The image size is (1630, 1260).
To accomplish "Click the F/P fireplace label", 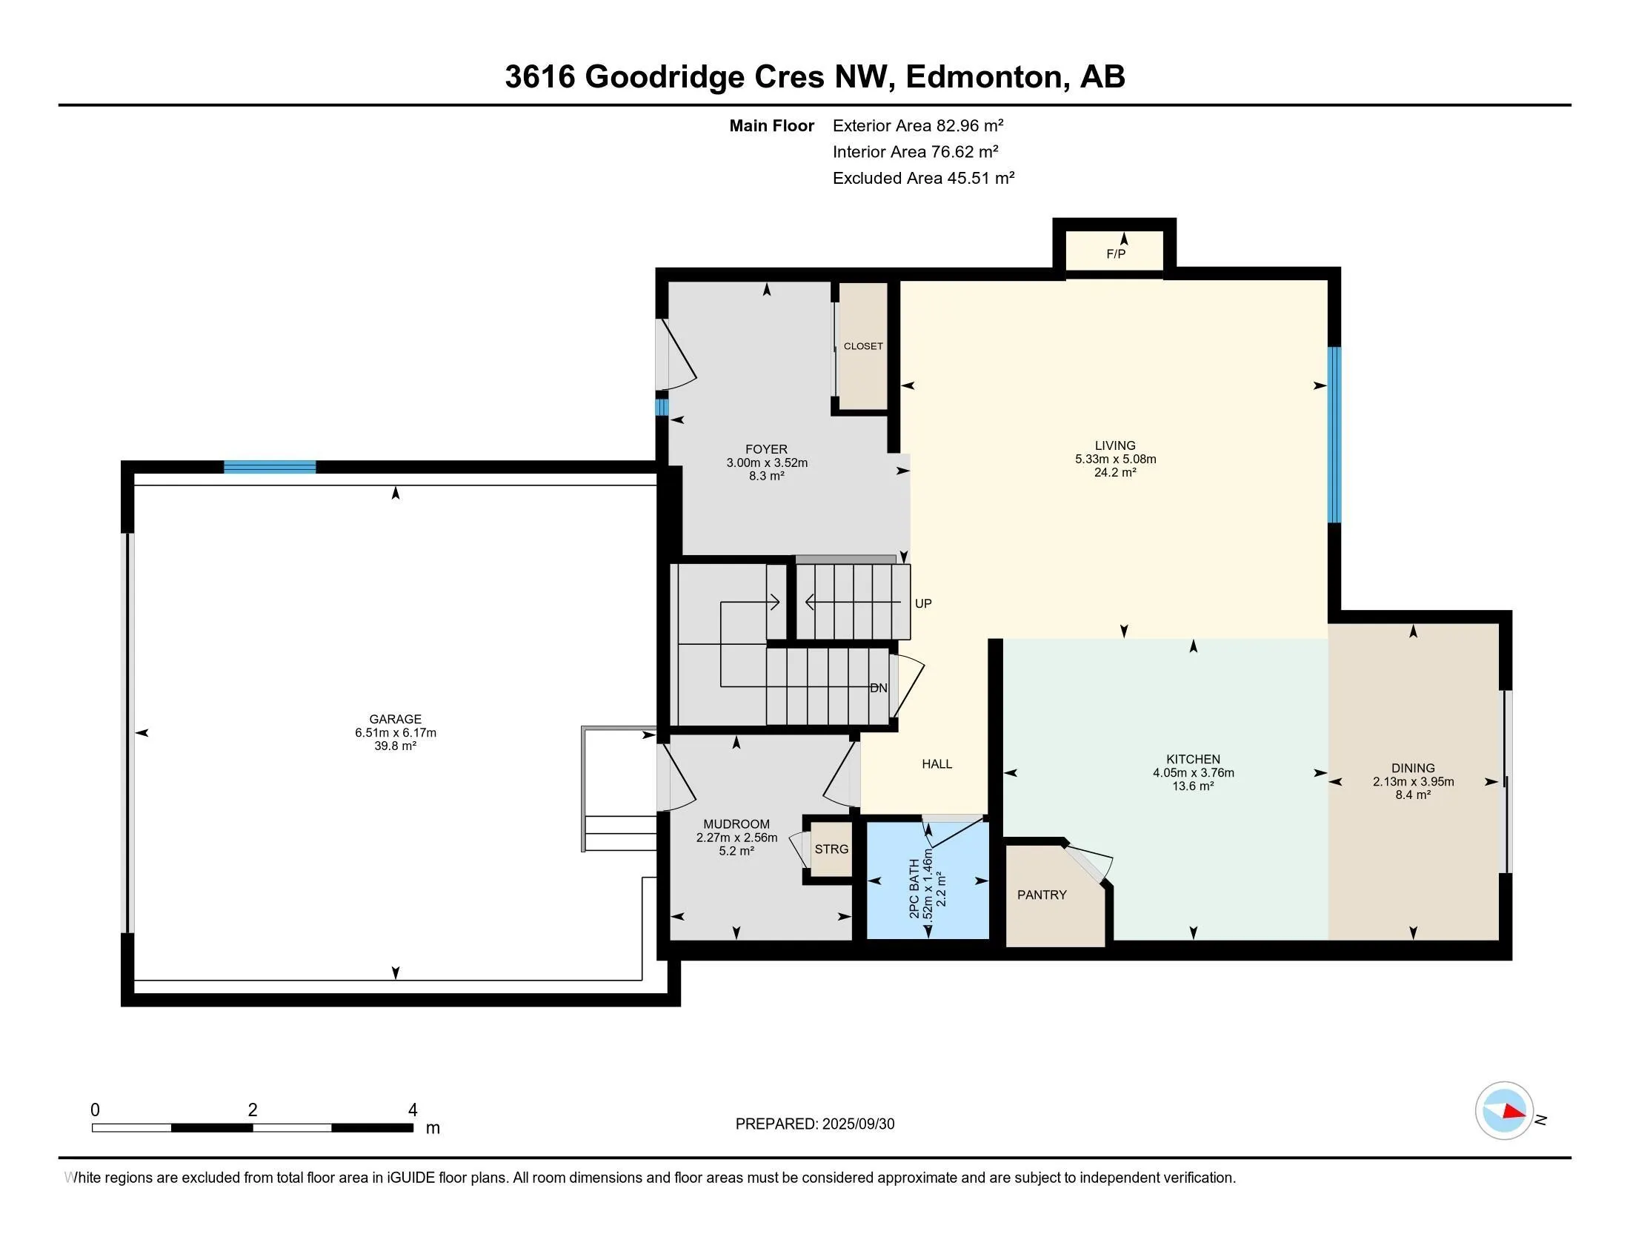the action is [x=1115, y=253].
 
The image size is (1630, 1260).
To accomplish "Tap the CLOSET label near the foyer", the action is [x=862, y=346].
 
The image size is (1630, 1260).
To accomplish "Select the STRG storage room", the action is [x=831, y=849].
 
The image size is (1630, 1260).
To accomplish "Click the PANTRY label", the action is [x=1042, y=895].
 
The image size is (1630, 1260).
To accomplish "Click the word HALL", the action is [x=937, y=763].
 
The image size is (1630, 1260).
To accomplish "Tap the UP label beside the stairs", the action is [x=923, y=603].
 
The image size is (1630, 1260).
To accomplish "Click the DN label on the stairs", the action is [x=879, y=688].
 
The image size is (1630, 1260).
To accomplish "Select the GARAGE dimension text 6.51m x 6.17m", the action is [x=396, y=733].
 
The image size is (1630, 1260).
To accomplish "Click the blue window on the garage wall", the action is [x=270, y=467].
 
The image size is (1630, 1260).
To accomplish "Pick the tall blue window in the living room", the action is [x=1334, y=435].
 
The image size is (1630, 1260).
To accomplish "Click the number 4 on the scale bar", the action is [x=413, y=1110].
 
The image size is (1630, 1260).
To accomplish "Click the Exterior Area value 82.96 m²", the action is [x=971, y=125].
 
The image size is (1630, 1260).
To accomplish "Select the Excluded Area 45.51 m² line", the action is [x=923, y=178].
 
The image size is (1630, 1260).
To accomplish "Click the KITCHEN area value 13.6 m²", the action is [x=1193, y=786].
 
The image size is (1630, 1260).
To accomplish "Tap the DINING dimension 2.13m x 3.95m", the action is [x=1413, y=781].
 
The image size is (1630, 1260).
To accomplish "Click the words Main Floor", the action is [x=772, y=125].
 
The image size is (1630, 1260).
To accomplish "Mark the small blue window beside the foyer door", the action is [x=661, y=407].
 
